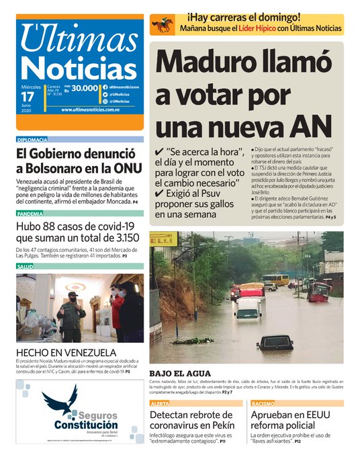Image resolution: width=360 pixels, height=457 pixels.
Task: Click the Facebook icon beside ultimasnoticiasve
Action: click(x=105, y=87)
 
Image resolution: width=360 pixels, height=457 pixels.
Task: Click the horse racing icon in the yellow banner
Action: click(x=163, y=26)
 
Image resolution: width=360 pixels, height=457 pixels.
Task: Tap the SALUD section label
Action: click(x=25, y=267)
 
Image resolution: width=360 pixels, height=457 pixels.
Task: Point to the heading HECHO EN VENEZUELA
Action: click(x=66, y=353)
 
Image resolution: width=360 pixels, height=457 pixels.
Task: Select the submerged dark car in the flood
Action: click(x=275, y=342)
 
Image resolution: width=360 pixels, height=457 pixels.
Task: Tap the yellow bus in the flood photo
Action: click(x=274, y=280)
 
